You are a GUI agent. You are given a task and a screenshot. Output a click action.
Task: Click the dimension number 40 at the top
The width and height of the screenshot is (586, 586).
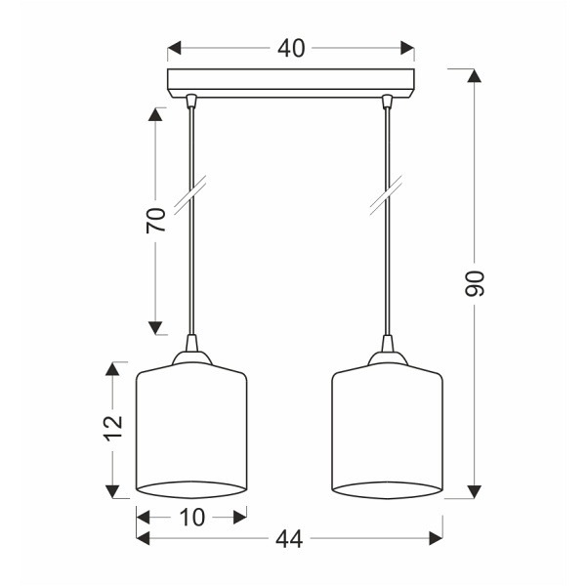pos(291,49)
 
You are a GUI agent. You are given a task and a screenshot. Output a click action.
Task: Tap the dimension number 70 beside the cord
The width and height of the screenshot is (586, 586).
pos(156,220)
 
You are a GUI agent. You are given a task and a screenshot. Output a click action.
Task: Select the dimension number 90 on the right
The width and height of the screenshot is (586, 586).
pos(475,283)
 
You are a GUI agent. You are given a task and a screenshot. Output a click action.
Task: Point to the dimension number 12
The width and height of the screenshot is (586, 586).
pos(113,428)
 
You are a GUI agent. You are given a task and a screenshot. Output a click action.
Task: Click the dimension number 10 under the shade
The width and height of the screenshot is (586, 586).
pos(192,518)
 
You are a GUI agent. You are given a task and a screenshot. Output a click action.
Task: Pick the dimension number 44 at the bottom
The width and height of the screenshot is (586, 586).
pos(289,539)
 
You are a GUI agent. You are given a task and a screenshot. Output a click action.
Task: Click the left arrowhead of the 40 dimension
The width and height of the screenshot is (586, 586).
pos(175,48)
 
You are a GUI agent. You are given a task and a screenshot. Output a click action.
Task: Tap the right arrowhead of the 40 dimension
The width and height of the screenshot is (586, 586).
pos(407,48)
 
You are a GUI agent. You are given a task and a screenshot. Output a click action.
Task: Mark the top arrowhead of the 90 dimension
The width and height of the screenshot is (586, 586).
pos(475,76)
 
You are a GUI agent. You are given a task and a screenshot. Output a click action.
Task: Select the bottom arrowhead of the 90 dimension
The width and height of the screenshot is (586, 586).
pos(475,491)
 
